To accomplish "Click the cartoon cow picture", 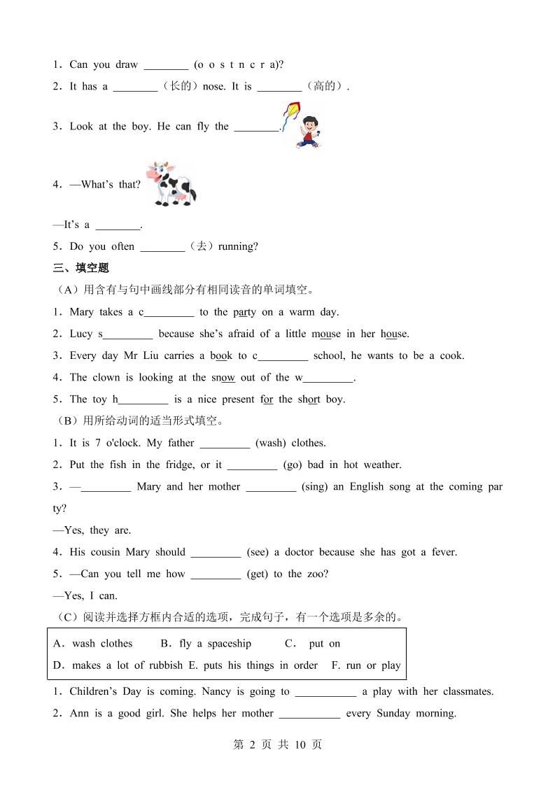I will point(171,184).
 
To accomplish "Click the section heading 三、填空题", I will point(81,268).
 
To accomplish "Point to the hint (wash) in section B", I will point(270,443).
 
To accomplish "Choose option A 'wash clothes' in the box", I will point(93,644).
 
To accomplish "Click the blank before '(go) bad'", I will point(252,465).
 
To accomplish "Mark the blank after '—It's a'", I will point(118,225).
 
